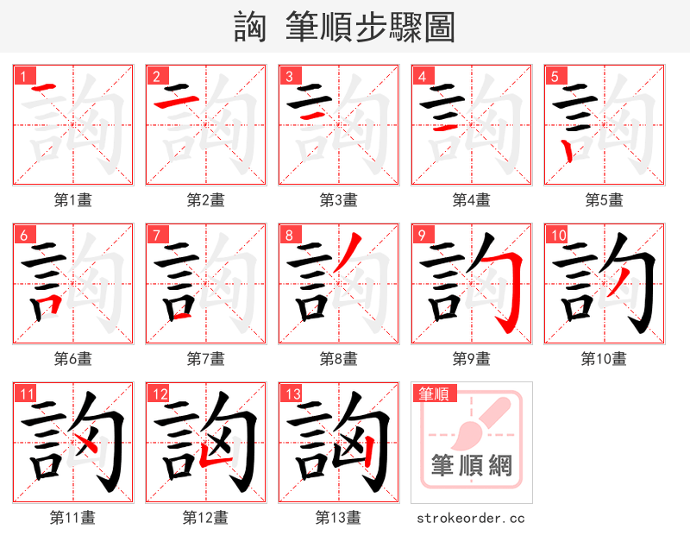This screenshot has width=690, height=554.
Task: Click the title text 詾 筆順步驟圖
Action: [x=345, y=27]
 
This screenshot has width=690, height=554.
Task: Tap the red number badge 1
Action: [x=23, y=76]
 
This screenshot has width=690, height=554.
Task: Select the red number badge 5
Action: [x=555, y=76]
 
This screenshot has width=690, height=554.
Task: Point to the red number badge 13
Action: [x=292, y=393]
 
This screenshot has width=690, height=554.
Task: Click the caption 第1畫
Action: [x=72, y=200]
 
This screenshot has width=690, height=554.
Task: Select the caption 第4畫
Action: [x=471, y=200]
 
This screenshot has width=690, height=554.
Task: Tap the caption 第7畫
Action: [x=205, y=358]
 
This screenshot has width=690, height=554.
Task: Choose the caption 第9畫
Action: [x=471, y=358]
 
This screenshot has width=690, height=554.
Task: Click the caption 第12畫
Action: [x=205, y=517]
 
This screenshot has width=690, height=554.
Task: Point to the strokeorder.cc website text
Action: [x=471, y=518]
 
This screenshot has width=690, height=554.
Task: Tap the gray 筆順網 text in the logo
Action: [x=471, y=466]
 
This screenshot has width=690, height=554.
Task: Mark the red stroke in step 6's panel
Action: [x=48, y=303]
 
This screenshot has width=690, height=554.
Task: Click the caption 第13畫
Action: [x=338, y=517]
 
